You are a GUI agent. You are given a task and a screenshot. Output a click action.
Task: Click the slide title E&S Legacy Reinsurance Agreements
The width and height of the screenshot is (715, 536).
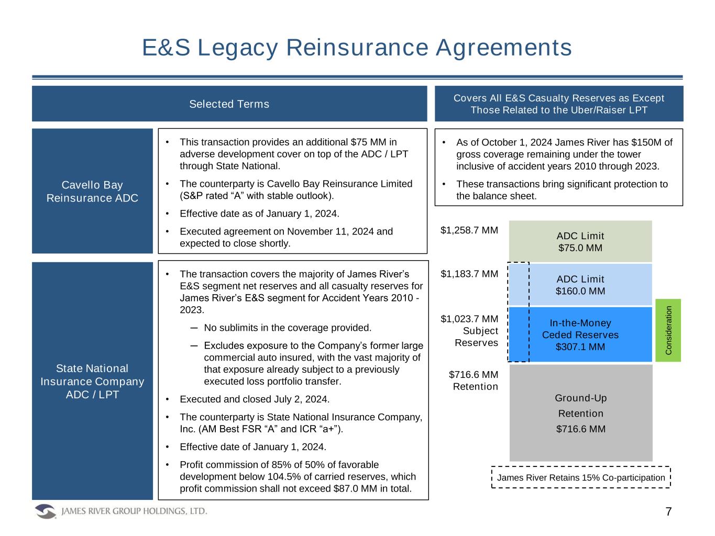tap(357, 48)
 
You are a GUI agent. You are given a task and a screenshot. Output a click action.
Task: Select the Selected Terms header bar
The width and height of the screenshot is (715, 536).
tap(229, 104)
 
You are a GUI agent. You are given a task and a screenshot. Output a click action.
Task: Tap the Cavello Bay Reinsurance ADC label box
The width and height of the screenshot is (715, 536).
tap(92, 191)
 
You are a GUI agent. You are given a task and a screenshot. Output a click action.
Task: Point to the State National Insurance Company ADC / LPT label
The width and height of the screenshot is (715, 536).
tap(92, 381)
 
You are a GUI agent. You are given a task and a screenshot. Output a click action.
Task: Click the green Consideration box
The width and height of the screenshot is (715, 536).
tap(668, 330)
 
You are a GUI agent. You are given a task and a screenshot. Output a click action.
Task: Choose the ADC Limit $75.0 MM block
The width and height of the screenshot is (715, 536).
tap(580, 241)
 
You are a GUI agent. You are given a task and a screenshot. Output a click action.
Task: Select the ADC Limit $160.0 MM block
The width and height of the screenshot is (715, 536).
tap(580, 285)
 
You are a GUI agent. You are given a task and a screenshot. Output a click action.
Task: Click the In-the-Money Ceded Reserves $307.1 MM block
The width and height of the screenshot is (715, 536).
tap(580, 334)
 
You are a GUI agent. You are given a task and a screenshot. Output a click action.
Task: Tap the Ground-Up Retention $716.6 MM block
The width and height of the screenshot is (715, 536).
tap(580, 413)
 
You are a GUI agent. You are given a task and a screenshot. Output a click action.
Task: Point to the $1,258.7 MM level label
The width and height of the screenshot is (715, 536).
tap(469, 229)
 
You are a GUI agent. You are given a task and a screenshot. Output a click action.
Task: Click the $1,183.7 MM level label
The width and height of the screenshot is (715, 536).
tap(469, 273)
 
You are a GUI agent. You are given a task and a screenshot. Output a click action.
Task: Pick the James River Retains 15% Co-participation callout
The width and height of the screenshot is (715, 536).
tap(580, 477)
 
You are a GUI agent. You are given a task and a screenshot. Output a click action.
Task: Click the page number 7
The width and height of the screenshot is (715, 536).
tap(669, 511)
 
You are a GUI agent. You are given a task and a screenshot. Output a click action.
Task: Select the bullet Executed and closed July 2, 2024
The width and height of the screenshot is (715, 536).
tap(255, 399)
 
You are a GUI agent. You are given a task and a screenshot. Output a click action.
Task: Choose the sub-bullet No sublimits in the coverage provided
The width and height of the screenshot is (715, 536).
tap(288, 328)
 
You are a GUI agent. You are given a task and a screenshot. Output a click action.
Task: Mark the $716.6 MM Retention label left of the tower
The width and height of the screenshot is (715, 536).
tap(473, 381)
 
